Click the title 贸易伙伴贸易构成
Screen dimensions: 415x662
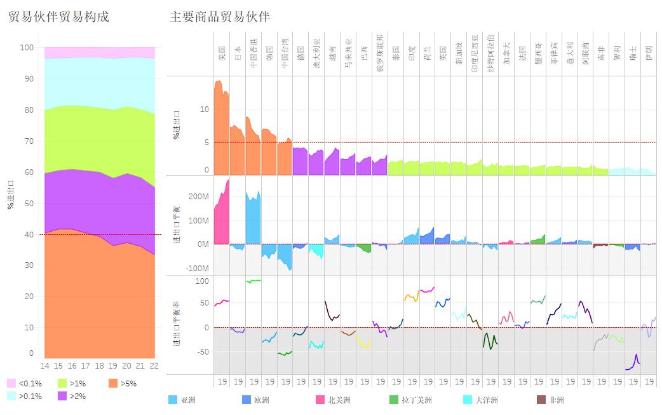click(x=58, y=17)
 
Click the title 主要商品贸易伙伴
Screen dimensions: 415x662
click(x=220, y=17)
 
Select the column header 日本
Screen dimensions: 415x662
click(x=238, y=53)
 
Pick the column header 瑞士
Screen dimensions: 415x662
click(x=633, y=53)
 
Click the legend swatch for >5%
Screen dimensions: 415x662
click(x=114, y=383)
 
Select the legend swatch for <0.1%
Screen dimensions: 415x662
click(x=11, y=383)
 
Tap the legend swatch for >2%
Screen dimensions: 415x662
click(x=63, y=396)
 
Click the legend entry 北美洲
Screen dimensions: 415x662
click(x=320, y=400)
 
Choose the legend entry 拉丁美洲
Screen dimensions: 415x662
click(x=394, y=400)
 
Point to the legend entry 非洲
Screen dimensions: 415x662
click(x=541, y=400)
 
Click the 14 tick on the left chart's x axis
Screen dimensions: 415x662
click(x=44, y=366)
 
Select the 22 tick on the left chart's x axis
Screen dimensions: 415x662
click(x=154, y=366)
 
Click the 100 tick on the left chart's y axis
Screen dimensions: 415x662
click(x=26, y=48)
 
